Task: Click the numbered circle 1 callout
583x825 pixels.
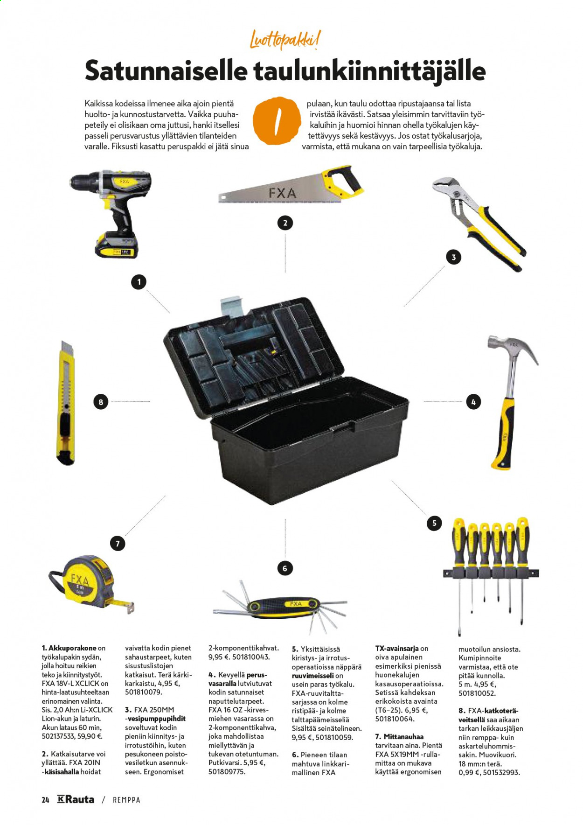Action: [x=139, y=282]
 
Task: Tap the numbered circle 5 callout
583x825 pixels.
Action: [x=434, y=523]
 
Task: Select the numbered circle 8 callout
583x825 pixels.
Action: [x=101, y=402]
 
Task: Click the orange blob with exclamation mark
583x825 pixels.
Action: [x=277, y=121]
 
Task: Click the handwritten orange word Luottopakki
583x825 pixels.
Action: [x=285, y=40]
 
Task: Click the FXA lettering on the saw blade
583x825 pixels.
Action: [x=282, y=193]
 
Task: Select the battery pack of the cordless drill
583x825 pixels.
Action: [x=117, y=245]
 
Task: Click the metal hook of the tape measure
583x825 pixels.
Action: [x=130, y=608]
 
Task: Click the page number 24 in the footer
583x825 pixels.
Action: [x=45, y=800]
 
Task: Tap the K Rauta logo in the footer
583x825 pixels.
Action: [x=76, y=799]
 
